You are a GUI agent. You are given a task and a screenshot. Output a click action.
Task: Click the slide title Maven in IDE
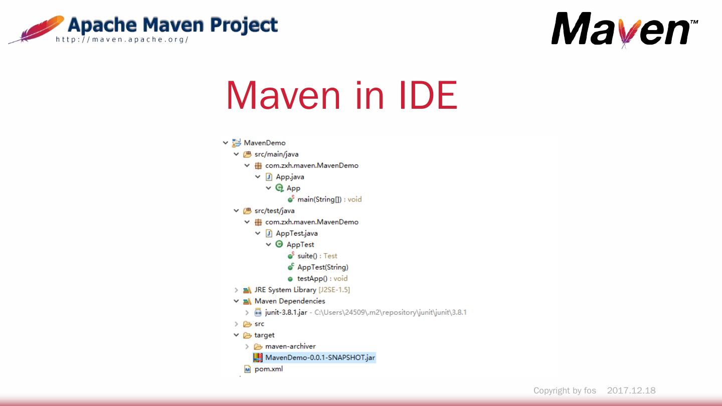(x=341, y=95)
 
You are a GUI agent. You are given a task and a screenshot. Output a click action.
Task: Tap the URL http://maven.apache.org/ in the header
(x=122, y=40)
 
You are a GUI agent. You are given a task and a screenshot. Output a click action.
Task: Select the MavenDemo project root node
(x=264, y=143)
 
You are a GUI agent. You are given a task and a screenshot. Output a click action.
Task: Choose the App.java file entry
(x=290, y=177)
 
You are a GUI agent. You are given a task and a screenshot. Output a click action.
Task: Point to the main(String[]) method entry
(x=319, y=199)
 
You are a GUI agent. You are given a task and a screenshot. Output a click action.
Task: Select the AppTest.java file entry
(x=296, y=234)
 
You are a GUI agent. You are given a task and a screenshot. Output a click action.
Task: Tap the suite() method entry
(x=307, y=256)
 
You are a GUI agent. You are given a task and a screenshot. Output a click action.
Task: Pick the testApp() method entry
(x=312, y=279)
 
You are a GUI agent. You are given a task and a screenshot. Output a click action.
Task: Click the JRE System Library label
(x=285, y=290)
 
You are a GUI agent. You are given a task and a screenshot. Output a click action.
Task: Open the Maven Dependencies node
(x=289, y=301)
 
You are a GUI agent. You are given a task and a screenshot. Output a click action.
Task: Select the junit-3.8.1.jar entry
(x=286, y=313)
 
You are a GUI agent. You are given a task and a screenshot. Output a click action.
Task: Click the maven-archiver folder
(x=290, y=346)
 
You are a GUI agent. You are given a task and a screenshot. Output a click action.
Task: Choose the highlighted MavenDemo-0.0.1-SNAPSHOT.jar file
(x=320, y=358)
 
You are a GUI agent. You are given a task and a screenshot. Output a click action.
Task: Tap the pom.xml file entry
(x=268, y=369)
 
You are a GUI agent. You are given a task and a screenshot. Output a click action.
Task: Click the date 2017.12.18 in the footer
(x=631, y=390)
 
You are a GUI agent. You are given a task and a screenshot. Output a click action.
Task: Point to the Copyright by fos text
(x=565, y=390)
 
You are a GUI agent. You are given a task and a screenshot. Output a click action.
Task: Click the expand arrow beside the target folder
(x=236, y=335)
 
